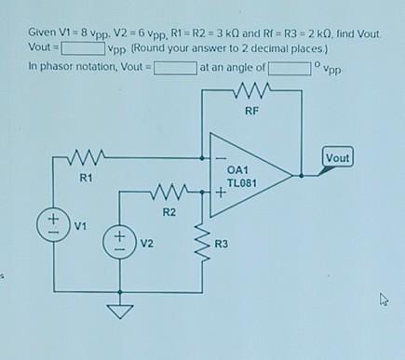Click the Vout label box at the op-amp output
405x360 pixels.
[338, 158]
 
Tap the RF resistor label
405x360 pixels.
[251, 111]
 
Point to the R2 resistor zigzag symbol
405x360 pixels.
[169, 196]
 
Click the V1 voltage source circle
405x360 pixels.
[53, 224]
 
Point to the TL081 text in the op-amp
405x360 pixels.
[241, 183]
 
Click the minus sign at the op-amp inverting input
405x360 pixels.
[220, 156]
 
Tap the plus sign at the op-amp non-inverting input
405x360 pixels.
[220, 194]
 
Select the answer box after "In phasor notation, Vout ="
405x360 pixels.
[175, 67]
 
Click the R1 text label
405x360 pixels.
[86, 175]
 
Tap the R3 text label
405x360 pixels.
[221, 244]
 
